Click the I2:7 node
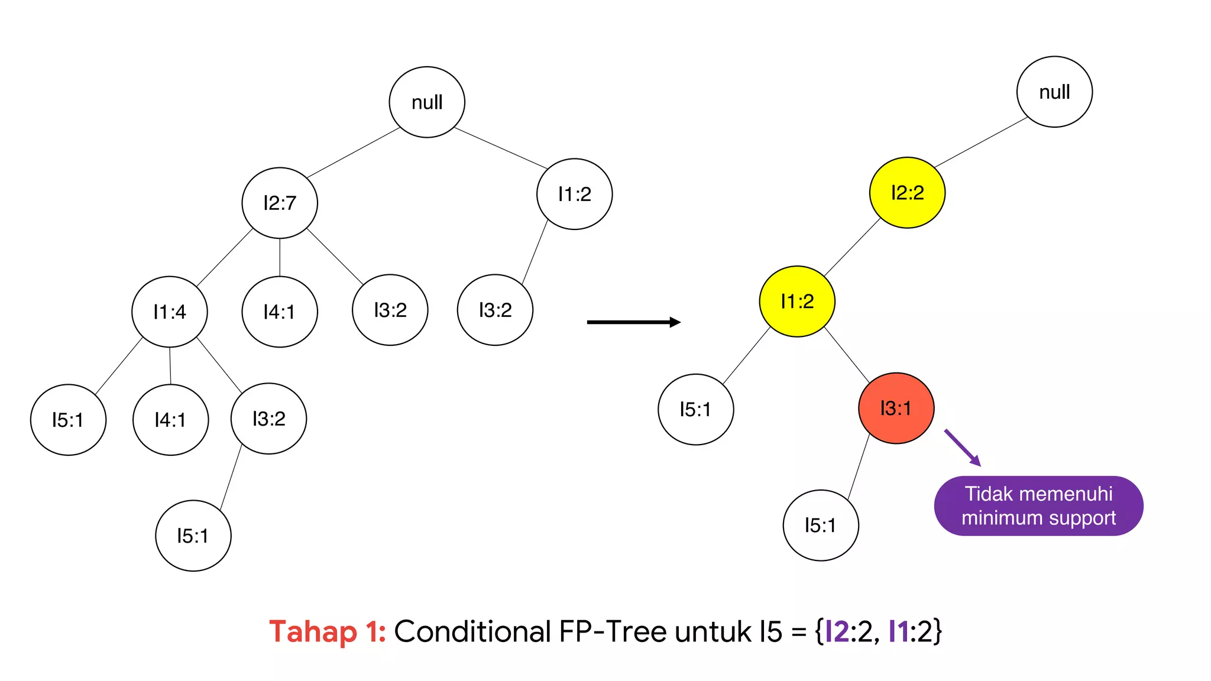click(x=280, y=203)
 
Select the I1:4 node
click(x=170, y=312)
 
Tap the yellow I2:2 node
click(x=907, y=193)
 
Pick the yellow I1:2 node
click(x=797, y=301)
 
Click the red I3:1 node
click(x=896, y=408)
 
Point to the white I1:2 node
click(x=574, y=194)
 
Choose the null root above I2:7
click(x=427, y=102)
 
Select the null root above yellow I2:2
click(x=1054, y=92)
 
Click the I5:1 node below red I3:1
click(x=820, y=525)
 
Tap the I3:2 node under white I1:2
click(x=495, y=310)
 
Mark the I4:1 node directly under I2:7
click(x=280, y=312)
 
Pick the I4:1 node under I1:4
click(x=170, y=420)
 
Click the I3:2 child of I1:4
click(x=268, y=419)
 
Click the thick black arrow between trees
click(x=633, y=322)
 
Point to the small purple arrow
click(x=962, y=447)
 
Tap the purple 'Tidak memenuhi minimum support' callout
click(x=1038, y=506)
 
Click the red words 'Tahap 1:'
click(x=327, y=631)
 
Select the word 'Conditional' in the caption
click(x=472, y=631)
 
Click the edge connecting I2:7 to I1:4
click(x=225, y=257)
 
